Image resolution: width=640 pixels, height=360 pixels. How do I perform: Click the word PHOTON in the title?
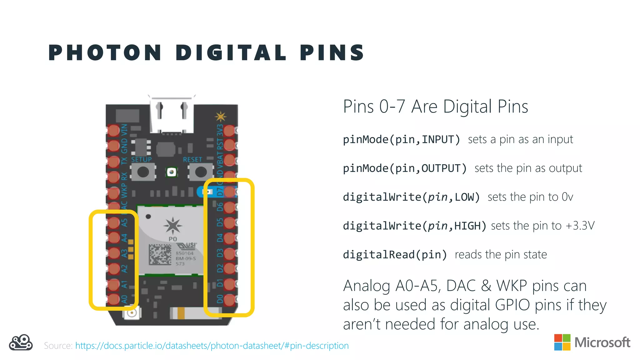point(105,52)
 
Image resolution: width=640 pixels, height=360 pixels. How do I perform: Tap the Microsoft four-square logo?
point(562,342)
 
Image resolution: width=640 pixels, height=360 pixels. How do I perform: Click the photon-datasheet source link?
point(212,346)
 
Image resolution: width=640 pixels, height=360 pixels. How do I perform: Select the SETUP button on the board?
point(143,172)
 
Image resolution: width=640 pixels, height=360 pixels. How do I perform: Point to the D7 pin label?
point(220,191)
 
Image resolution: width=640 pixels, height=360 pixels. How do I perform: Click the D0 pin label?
point(220,299)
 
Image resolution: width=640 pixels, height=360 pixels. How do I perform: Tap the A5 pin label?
point(124,222)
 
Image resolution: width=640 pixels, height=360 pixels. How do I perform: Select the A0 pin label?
point(124,299)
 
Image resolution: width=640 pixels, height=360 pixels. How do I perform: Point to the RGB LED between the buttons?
point(171,172)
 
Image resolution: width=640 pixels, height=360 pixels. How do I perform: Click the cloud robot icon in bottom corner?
point(21,343)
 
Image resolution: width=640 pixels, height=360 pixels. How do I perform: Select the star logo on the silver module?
point(172,225)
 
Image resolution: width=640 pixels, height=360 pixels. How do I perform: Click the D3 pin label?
point(220,253)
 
